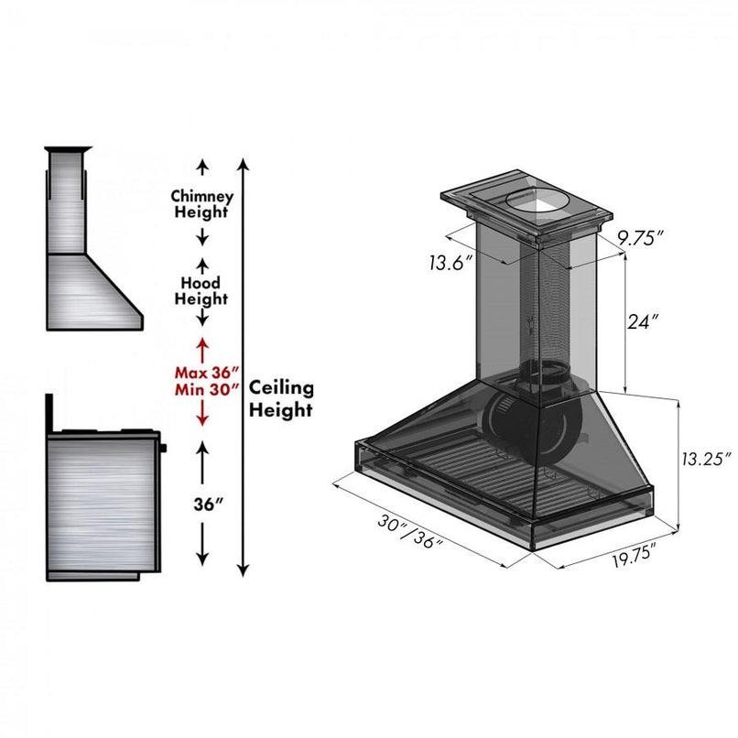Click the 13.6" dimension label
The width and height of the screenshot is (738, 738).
pyautogui.click(x=450, y=264)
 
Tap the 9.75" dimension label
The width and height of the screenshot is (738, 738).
pyautogui.click(x=640, y=238)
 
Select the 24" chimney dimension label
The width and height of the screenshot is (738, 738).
pyautogui.click(x=644, y=322)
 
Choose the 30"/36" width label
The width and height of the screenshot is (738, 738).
pyautogui.click(x=409, y=532)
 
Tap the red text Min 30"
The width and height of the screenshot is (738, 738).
pyautogui.click(x=207, y=389)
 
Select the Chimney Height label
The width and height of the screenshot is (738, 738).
pyautogui.click(x=202, y=204)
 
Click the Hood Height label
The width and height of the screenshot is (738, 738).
pyautogui.click(x=201, y=291)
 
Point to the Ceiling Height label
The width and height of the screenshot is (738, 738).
pyautogui.click(x=281, y=399)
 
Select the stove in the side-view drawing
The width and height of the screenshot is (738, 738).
pyautogui.click(x=103, y=499)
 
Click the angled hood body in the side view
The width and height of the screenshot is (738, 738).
pyautogui.click(x=92, y=291)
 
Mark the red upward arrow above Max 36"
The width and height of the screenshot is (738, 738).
pyautogui.click(x=202, y=347)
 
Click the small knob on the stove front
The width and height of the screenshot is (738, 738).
pyautogui.click(x=164, y=449)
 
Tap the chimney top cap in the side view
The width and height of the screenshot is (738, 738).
pyautogui.click(x=69, y=149)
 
